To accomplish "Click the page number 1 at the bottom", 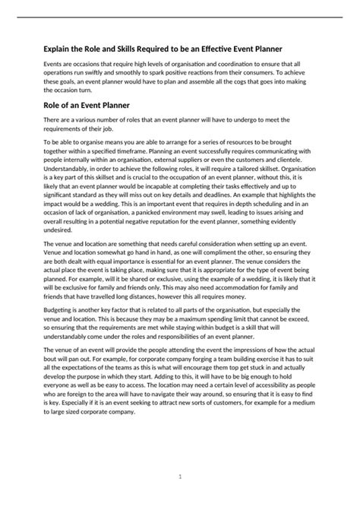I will pos(179,477).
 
